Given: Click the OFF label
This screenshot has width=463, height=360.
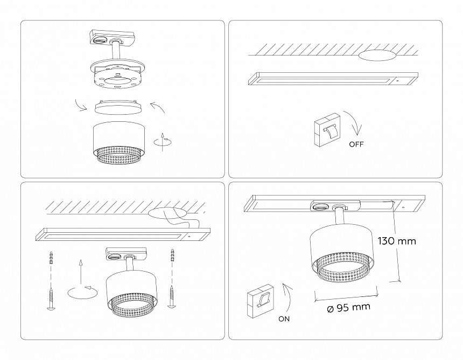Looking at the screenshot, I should coord(356,144).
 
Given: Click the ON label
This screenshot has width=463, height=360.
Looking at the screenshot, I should coord(285,319).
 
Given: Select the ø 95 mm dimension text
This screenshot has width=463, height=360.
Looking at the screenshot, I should coord(349,308).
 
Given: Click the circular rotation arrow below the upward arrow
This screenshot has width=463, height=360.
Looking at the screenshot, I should coord(82,292).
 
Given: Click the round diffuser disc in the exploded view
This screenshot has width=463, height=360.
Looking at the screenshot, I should coord(117,107).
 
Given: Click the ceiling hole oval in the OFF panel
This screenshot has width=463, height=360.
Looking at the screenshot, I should coord(377,55).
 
